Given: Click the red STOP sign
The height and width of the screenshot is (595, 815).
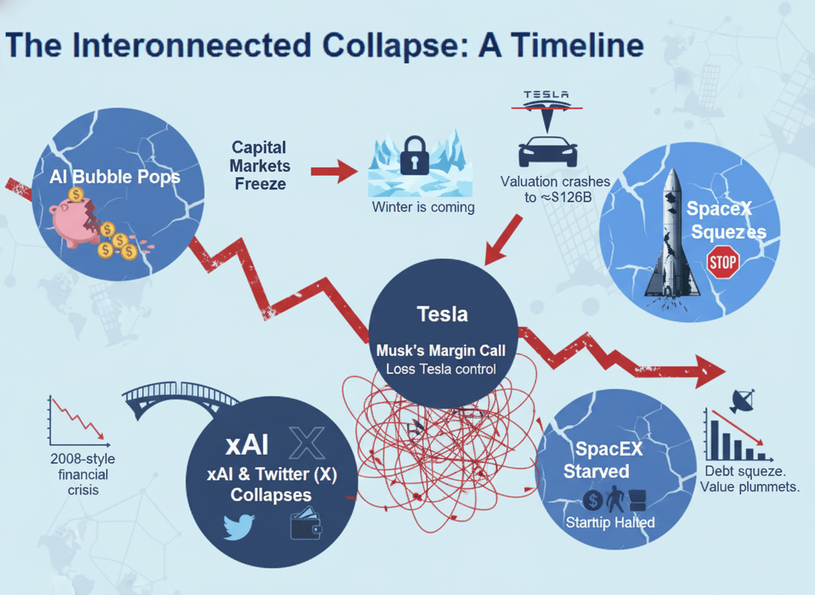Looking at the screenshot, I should click(722, 262).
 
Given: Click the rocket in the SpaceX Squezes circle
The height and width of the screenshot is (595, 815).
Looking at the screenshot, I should click(674, 234).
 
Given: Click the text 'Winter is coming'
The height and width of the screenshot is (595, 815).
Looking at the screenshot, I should click(423, 207).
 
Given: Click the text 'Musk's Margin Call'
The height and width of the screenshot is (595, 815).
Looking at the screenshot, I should click(441, 351).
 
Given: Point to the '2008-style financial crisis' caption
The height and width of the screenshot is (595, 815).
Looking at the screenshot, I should click(78, 474).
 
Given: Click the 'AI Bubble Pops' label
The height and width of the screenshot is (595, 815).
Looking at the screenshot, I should click(115, 176).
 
